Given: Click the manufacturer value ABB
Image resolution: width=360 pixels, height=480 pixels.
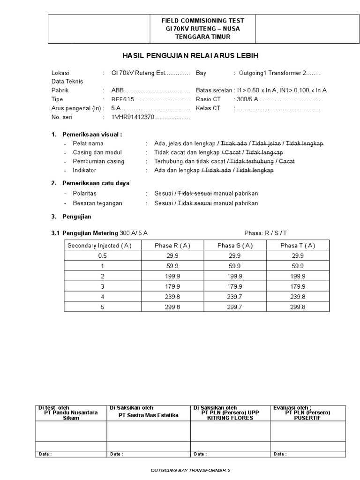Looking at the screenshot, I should (117, 90).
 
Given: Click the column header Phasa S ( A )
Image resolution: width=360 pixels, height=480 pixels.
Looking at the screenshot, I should (235, 245).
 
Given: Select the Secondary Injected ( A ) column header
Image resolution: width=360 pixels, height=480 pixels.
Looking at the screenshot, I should (99, 245).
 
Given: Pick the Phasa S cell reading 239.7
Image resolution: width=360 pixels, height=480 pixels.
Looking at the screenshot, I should (235, 297).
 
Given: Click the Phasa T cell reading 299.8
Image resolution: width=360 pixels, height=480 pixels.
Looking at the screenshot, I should (298, 307).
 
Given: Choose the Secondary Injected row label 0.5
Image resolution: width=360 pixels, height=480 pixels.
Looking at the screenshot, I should (102, 255).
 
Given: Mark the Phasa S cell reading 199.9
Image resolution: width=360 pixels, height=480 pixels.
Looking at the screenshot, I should (235, 276).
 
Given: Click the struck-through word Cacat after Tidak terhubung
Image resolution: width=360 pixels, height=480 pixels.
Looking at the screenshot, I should (287, 161).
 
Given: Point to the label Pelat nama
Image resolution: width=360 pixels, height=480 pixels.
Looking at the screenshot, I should (88, 143).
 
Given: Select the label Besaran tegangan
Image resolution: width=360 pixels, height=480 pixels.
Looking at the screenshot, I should (97, 203).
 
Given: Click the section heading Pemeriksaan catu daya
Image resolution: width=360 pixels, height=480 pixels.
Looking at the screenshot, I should (96, 183).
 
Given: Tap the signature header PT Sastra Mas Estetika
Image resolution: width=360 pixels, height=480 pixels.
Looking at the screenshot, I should (149, 415).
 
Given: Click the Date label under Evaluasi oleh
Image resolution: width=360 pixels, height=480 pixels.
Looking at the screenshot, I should (280, 454).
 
